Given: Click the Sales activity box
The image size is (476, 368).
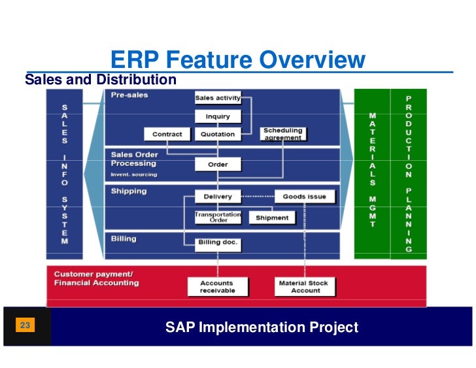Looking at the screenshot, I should pos(218,98).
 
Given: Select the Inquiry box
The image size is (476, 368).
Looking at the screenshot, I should pos(218,117).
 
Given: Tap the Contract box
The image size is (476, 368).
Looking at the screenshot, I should pos(167,135).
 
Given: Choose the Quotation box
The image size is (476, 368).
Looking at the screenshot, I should pos(218,135).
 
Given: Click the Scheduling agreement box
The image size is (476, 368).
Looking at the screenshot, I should pos(282,134).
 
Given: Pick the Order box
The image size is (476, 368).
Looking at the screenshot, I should pos(218,165).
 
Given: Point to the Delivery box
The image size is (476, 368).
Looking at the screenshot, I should pos(218,196).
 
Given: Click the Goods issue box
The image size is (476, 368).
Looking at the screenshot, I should pos(304,196).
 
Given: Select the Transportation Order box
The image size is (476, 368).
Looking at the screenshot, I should pos(218,217).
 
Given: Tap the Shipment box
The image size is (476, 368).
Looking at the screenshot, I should pos(272,218).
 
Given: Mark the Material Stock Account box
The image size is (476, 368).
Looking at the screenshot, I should pos(303,286).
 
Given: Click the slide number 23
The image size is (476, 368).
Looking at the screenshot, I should pos(25,326).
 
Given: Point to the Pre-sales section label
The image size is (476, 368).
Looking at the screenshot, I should pos(129,95).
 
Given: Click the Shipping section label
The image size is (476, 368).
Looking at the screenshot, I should pos(128,192).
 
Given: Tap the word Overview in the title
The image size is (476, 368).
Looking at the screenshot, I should pos(313,61).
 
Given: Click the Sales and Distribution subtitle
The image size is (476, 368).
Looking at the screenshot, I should pos(100,80).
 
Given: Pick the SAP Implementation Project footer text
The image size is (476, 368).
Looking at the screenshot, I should pos(262,327).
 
